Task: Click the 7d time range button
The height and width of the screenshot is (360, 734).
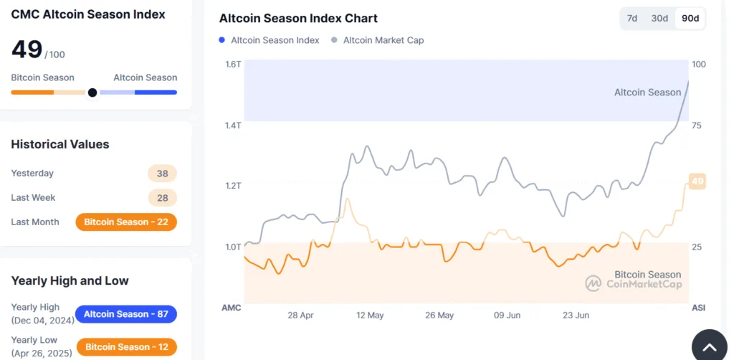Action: click(x=632, y=18)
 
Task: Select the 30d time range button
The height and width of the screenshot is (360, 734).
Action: click(x=659, y=18)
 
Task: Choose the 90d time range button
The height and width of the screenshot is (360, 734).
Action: click(x=690, y=18)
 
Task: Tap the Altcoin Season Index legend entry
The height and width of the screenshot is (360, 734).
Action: click(x=270, y=40)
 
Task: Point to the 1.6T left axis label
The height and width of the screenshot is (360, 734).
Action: click(x=233, y=65)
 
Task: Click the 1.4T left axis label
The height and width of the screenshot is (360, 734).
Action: click(x=233, y=125)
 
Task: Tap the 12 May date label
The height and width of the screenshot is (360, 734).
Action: click(x=370, y=315)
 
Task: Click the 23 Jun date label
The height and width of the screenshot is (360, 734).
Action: click(x=576, y=315)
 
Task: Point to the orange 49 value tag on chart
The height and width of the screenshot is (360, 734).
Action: click(x=697, y=181)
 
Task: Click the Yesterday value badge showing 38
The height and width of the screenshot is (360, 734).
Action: click(x=162, y=174)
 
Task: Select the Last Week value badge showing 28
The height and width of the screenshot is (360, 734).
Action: click(x=162, y=198)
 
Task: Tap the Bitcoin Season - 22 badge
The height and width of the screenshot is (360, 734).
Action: click(x=126, y=222)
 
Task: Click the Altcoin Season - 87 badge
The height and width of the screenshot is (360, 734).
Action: click(x=126, y=314)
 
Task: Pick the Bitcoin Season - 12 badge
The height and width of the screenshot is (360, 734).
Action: click(x=126, y=347)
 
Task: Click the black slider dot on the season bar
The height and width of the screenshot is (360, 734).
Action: click(x=92, y=93)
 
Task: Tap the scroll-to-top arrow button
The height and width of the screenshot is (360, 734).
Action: click(x=709, y=347)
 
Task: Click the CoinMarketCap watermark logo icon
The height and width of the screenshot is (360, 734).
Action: click(x=593, y=283)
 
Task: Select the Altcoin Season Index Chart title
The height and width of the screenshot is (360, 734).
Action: click(x=298, y=19)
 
